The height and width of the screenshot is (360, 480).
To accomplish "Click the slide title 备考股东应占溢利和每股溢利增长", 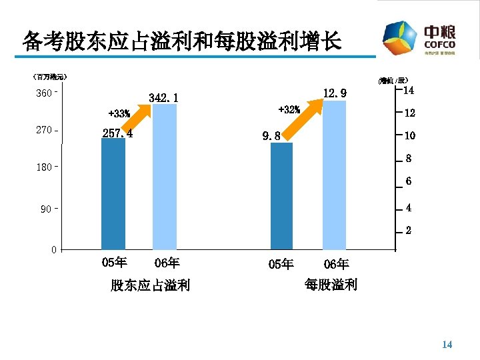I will tap(181, 41).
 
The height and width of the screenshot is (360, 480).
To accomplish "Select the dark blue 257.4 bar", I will tap(113, 193).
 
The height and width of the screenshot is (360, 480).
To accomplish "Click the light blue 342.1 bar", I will tap(165, 177).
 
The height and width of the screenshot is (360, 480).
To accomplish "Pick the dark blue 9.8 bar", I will tap(281, 196).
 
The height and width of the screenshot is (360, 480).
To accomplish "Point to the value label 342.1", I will tap(163, 99).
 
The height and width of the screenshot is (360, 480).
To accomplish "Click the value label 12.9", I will tap(334, 93).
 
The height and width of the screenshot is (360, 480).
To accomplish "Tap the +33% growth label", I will tap(119, 114).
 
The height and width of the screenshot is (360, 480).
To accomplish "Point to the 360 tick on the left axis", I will tap(45, 93).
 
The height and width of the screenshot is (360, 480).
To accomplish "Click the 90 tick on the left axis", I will tap(45, 210).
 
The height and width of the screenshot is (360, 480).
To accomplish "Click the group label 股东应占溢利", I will tap(150, 286).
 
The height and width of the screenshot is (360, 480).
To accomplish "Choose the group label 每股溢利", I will tap(331, 285).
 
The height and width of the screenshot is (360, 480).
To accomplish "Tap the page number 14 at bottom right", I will tap(447, 345).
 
